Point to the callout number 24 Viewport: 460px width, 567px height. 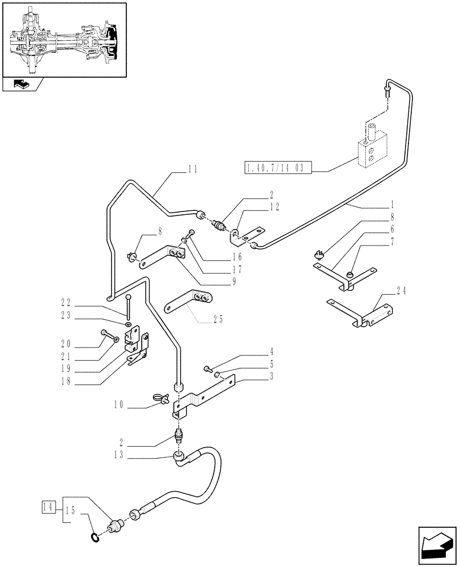point(402,292)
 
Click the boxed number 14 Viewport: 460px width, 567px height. point(49,506)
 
